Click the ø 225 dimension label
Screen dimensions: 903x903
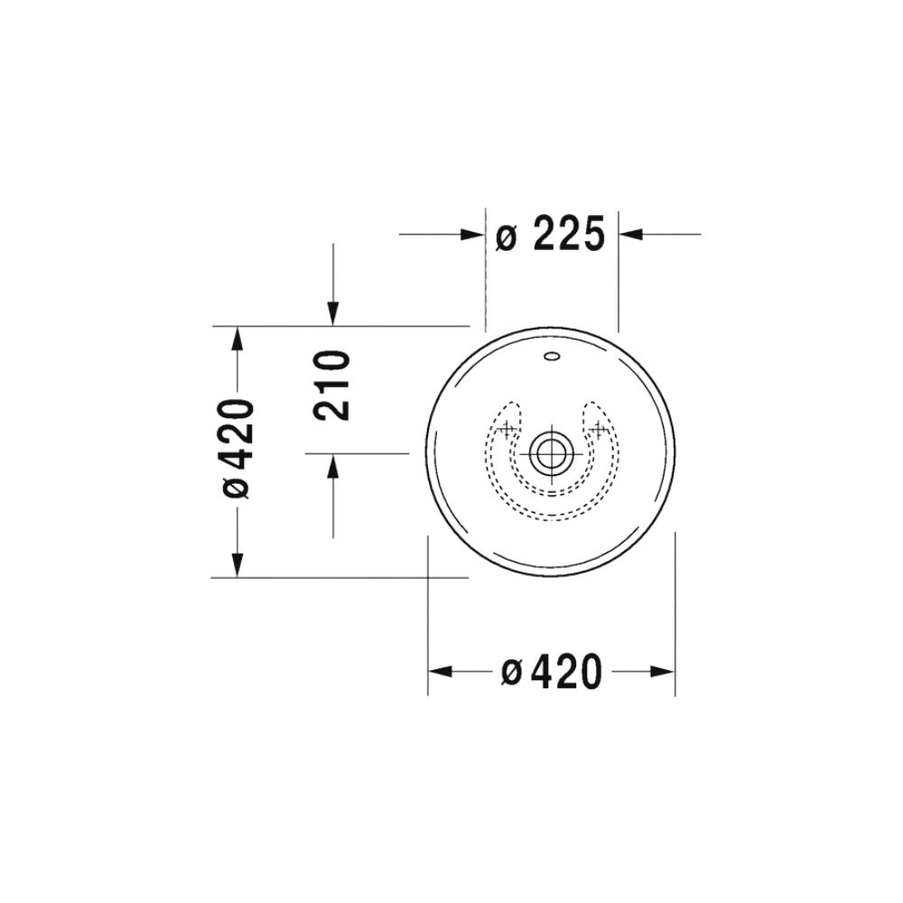(x=551, y=235)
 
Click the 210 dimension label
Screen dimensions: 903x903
(x=331, y=386)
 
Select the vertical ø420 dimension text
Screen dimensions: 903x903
(x=237, y=449)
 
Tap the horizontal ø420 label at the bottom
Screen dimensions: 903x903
(x=551, y=671)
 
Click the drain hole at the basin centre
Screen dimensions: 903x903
(x=552, y=451)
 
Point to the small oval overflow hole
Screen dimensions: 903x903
(x=552, y=356)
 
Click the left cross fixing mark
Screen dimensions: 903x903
(x=507, y=428)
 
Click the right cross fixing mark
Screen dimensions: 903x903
(x=599, y=428)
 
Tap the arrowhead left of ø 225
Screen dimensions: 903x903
(x=472, y=235)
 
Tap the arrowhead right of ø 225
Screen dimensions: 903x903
(x=630, y=235)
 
